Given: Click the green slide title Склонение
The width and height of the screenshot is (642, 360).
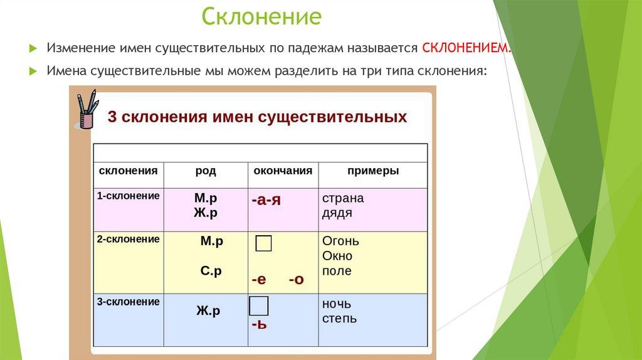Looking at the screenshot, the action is click(261, 16).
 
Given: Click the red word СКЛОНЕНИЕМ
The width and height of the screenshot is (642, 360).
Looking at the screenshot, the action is click(466, 48).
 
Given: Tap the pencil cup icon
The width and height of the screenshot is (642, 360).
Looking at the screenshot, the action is click(87, 109).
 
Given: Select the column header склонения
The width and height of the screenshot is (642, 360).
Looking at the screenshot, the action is click(128, 171).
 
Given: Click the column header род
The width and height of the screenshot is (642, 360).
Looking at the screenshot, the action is click(206, 171).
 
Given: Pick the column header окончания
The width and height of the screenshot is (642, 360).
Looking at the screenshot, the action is click(283, 171).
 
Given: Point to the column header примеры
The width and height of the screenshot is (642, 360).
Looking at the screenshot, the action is click(373, 171).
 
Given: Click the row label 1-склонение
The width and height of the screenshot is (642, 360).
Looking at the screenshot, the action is click(128, 196).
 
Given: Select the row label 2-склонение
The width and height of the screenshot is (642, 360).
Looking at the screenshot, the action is click(128, 239).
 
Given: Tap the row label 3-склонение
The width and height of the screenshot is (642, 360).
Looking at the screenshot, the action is click(128, 302).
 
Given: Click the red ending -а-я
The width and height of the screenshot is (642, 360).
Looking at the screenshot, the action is click(266, 200).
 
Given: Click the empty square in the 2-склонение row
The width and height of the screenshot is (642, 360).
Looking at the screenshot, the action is click(263, 243).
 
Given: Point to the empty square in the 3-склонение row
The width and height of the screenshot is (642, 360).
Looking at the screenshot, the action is click(259, 306).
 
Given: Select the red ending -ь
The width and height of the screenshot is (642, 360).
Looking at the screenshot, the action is click(259, 325).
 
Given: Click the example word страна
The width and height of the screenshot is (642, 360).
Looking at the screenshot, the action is click(343, 198).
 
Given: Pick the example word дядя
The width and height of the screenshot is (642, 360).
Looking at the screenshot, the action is click(337, 213).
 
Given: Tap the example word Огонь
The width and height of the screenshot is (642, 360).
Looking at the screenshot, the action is click(340, 241).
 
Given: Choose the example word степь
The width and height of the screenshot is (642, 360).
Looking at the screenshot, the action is click(339, 319).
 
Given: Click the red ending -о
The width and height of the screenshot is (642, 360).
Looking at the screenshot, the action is click(297, 280).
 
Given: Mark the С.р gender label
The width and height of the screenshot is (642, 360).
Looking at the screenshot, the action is click(211, 271).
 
